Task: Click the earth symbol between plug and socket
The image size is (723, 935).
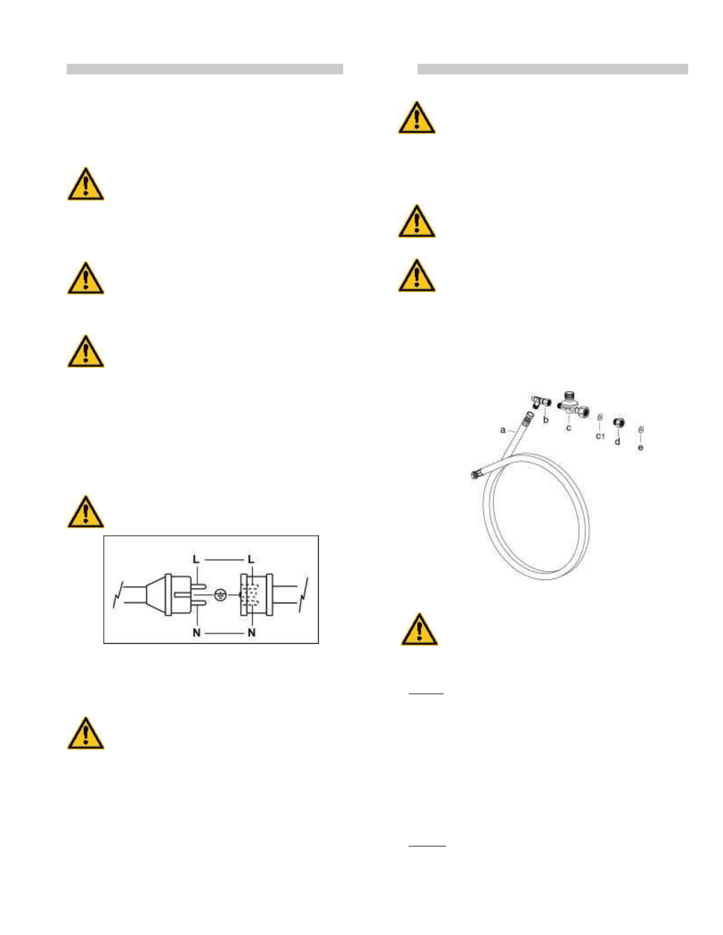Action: pos(220,595)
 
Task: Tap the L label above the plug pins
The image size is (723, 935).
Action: pos(196,559)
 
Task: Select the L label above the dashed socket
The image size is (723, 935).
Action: pos(251,559)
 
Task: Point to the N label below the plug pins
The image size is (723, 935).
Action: pos(196,633)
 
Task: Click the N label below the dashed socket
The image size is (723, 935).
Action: pos(252,633)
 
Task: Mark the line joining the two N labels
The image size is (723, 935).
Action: pos(224,633)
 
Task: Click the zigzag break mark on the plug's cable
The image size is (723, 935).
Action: pos(118,595)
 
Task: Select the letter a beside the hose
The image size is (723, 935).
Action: pos(503,430)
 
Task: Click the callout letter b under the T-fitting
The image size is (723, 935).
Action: pos(546,420)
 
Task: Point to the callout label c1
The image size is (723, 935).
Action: pos(600,436)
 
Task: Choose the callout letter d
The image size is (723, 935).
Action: pos(618,441)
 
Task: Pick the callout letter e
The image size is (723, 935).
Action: pos(641,447)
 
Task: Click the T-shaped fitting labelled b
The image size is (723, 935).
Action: pos(539,402)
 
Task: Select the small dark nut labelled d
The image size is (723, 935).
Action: pos(618,423)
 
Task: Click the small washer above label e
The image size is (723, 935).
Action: pos(641,430)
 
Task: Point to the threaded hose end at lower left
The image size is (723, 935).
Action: pos(475,473)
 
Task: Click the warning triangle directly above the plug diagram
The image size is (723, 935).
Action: pos(86,511)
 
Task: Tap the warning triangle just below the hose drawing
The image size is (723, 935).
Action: pos(419,629)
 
